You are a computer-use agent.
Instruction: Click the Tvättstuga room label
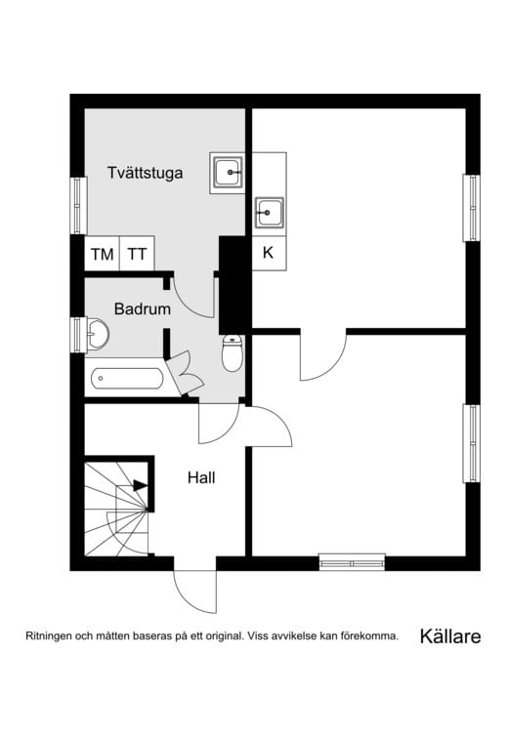[145, 174]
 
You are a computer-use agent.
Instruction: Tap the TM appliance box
[102, 255]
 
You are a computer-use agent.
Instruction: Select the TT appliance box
[137, 255]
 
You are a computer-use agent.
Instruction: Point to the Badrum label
[143, 309]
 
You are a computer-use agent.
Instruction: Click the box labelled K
[269, 252]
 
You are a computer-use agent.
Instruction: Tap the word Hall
[201, 478]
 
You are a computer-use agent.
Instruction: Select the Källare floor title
[449, 636]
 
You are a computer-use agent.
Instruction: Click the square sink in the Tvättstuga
[229, 173]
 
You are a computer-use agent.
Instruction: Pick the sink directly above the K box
[269, 211]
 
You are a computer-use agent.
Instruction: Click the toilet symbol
[233, 354]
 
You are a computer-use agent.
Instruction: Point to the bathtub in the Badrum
[127, 379]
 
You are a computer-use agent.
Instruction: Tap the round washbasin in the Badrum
[96, 336]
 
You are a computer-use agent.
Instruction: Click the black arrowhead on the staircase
[141, 485]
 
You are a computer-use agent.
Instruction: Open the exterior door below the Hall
[194, 589]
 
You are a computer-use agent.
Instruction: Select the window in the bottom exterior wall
[352, 562]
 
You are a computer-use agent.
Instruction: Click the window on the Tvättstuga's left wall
[77, 205]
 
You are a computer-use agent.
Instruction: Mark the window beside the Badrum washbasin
[77, 335]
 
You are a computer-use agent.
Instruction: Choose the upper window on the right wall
[472, 207]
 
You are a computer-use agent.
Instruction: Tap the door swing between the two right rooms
[323, 357]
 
